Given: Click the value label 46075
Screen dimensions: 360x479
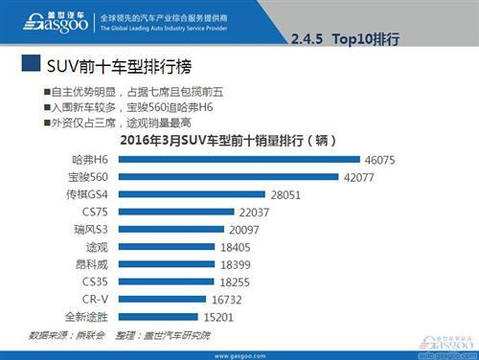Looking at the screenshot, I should coord(379,159).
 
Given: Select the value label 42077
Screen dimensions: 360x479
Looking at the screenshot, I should coord(358,176).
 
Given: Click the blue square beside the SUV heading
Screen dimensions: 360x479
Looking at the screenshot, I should coord(30,67).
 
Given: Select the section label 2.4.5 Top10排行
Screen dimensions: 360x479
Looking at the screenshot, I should coord(343,39).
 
